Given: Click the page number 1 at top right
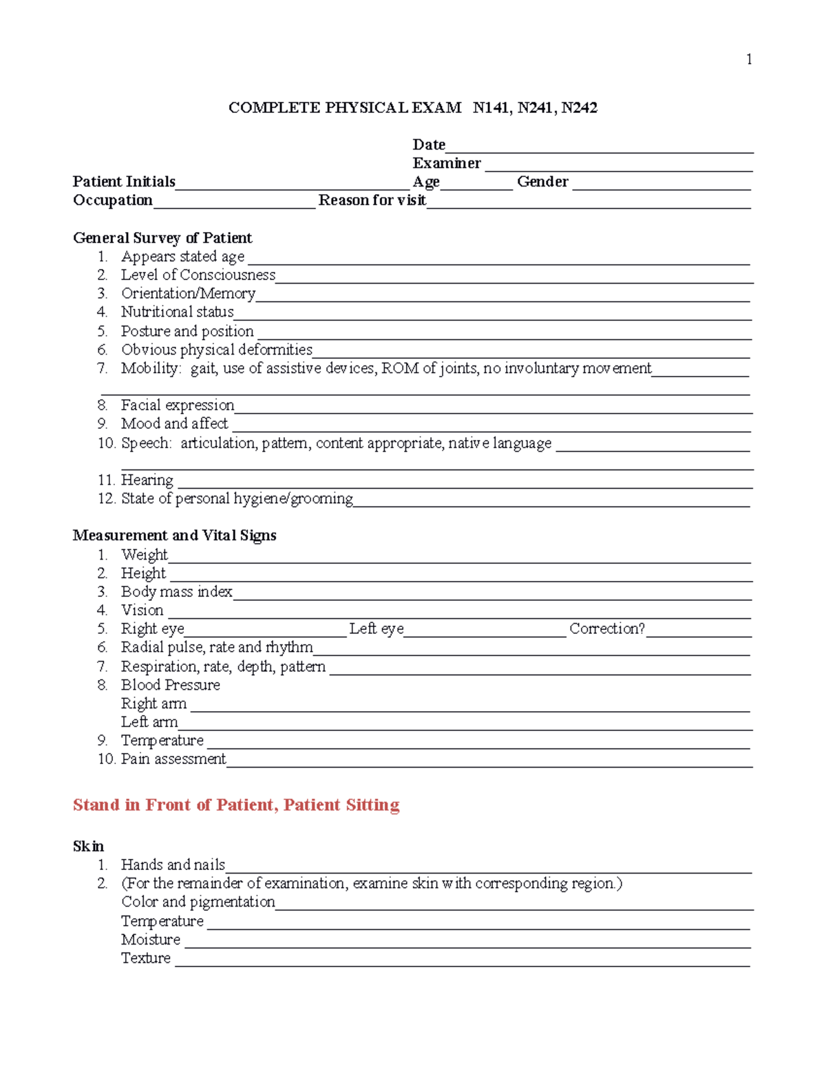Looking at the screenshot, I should pos(749,60).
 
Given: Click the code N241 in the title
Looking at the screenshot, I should pos(534,107).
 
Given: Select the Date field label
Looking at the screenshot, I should pos(429,145).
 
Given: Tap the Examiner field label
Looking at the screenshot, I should pos(447,163).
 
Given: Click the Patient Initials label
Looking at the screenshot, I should pos(124,182).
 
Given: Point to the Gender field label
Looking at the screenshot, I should pos(542,182).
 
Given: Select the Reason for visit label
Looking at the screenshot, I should pos(372,200).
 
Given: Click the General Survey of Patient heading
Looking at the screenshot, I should pos(162,238).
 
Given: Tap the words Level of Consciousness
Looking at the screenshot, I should pos(198,275).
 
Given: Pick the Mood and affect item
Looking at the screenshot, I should pos(174,424).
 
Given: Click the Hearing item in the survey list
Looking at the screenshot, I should pos(147,480).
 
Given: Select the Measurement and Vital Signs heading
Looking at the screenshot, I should pos(174,536).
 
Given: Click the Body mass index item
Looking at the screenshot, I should pos(176,592).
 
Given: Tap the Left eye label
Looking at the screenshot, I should pos(377,628).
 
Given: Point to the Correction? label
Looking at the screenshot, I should pos(607,628).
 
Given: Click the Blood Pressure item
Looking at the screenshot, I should pos(171,685).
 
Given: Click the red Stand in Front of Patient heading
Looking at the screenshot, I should pos(236,805).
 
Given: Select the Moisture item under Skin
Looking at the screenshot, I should pos(151,940).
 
